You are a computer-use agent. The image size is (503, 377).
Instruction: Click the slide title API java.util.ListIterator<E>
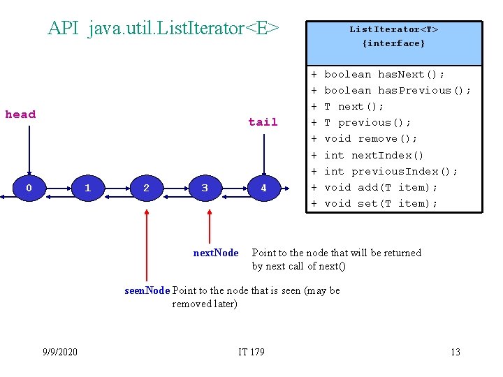(163, 29)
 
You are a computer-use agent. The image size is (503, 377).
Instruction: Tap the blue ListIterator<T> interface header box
(393, 43)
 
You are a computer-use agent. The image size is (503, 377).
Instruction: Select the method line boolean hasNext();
(384, 74)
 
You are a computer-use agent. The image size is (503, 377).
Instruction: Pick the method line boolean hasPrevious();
(398, 90)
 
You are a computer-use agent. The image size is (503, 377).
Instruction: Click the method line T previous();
(367, 122)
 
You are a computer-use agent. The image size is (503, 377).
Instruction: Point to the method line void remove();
(371, 138)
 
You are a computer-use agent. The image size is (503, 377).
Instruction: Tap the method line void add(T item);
(381, 187)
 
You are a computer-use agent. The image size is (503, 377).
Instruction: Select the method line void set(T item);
(381, 203)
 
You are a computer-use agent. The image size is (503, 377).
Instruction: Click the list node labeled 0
(29, 188)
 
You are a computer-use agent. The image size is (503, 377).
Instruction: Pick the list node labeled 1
(87, 188)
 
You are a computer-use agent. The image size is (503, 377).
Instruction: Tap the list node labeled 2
(146, 188)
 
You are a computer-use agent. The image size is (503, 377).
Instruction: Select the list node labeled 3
(205, 188)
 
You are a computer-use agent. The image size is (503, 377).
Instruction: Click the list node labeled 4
(263, 188)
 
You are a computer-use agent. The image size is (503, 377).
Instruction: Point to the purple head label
(20, 114)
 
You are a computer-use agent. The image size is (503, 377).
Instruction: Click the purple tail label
(263, 122)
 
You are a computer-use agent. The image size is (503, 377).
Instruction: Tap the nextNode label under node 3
(216, 253)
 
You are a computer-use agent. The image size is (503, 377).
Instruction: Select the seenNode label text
(147, 290)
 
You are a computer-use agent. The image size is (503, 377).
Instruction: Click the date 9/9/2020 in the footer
(59, 352)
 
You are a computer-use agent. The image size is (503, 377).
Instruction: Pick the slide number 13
(455, 352)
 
